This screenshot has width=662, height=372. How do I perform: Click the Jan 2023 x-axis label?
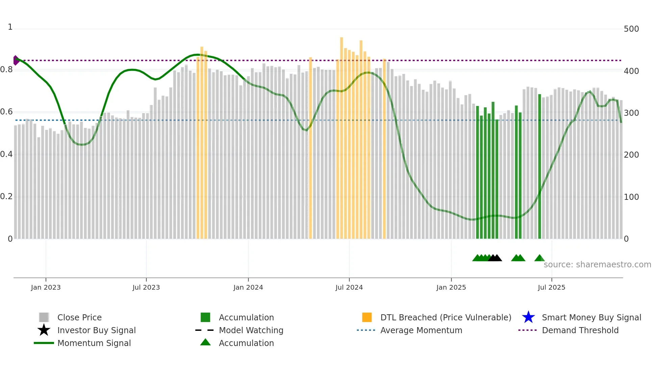[x=46, y=287]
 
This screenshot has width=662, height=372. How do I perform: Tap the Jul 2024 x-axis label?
[x=349, y=287]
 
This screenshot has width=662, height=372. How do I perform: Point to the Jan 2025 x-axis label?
[x=451, y=287]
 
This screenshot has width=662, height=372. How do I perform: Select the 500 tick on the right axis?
[x=631, y=29]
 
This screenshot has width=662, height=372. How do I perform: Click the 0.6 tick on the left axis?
[x=6, y=112]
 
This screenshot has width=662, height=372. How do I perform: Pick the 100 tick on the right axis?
[x=631, y=197]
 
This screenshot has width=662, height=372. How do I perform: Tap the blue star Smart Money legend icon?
[x=528, y=317]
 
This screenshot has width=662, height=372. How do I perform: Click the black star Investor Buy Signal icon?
[x=44, y=330]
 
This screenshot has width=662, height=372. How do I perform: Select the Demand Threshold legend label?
[x=580, y=330]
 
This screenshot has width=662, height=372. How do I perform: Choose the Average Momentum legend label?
[x=421, y=330]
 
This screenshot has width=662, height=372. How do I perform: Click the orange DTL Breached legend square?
[x=367, y=317]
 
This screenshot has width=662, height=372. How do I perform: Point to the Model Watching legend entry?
[x=251, y=330]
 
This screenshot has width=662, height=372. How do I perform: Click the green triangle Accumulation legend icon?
[x=205, y=342]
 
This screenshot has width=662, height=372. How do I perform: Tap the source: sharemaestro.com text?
[x=597, y=264]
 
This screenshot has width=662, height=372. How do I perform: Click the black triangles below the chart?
[x=495, y=258]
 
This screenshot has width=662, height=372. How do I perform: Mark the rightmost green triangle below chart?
[x=539, y=258]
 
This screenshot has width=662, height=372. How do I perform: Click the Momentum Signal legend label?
[x=94, y=343]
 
